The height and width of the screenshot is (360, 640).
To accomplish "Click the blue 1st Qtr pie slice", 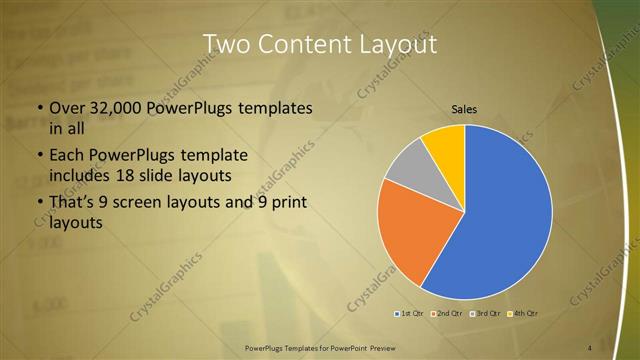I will click(x=500, y=220).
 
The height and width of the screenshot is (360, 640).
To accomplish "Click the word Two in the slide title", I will click(x=225, y=45).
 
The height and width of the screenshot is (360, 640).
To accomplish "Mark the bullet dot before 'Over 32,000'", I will click(x=39, y=108).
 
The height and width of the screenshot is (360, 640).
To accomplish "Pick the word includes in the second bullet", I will click(x=82, y=177).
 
